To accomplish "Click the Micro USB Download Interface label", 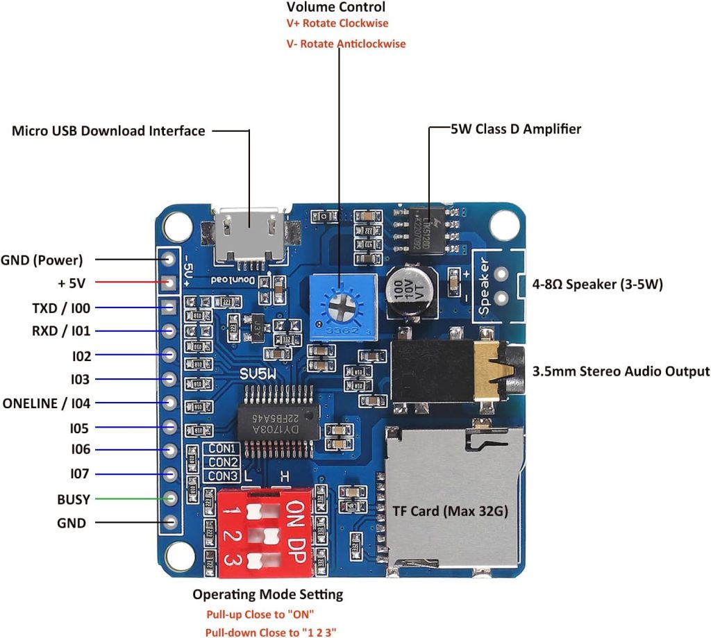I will click(x=108, y=131).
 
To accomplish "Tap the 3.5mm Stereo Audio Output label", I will click(x=621, y=371).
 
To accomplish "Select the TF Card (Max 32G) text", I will click(x=451, y=512).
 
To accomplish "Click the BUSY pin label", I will click(x=74, y=498).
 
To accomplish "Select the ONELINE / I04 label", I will click(x=47, y=403).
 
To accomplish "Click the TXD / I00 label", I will click(x=61, y=307).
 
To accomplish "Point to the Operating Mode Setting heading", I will click(x=267, y=594).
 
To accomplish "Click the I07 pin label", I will click(x=81, y=474).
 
